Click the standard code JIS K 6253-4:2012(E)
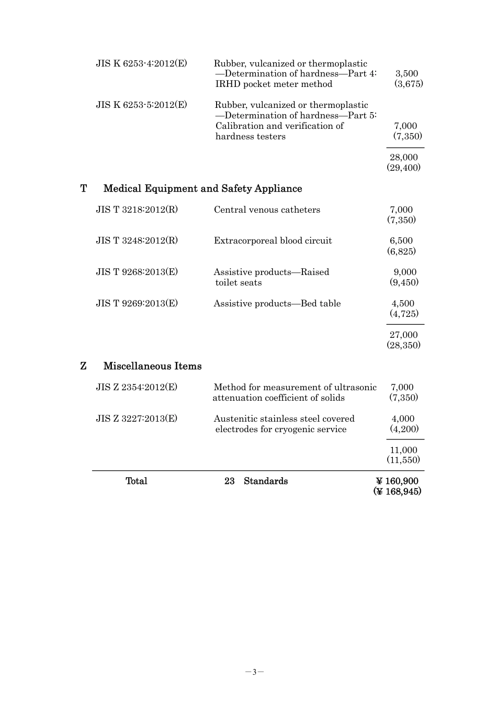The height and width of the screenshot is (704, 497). point(141,63)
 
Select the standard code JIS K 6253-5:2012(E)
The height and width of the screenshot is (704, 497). point(141,105)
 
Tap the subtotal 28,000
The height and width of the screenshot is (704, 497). point(403,157)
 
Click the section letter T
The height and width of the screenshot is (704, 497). point(84,189)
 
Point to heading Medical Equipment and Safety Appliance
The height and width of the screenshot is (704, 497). point(202,189)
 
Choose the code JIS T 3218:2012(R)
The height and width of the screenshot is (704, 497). point(137,210)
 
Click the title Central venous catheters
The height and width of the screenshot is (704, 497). point(267,210)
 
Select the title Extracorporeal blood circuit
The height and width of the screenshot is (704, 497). point(273,240)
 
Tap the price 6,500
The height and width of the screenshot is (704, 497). point(401,240)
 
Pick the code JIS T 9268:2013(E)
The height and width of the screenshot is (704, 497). point(137,272)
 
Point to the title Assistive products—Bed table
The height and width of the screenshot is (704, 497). point(277,303)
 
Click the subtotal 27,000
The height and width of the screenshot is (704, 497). point(403,335)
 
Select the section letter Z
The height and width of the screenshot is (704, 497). point(84,366)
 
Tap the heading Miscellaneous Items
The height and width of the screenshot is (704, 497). point(152,366)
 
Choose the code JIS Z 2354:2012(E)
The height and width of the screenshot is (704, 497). point(137,387)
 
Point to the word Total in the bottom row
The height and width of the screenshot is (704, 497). point(137,481)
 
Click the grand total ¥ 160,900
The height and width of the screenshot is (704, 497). point(397,481)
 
